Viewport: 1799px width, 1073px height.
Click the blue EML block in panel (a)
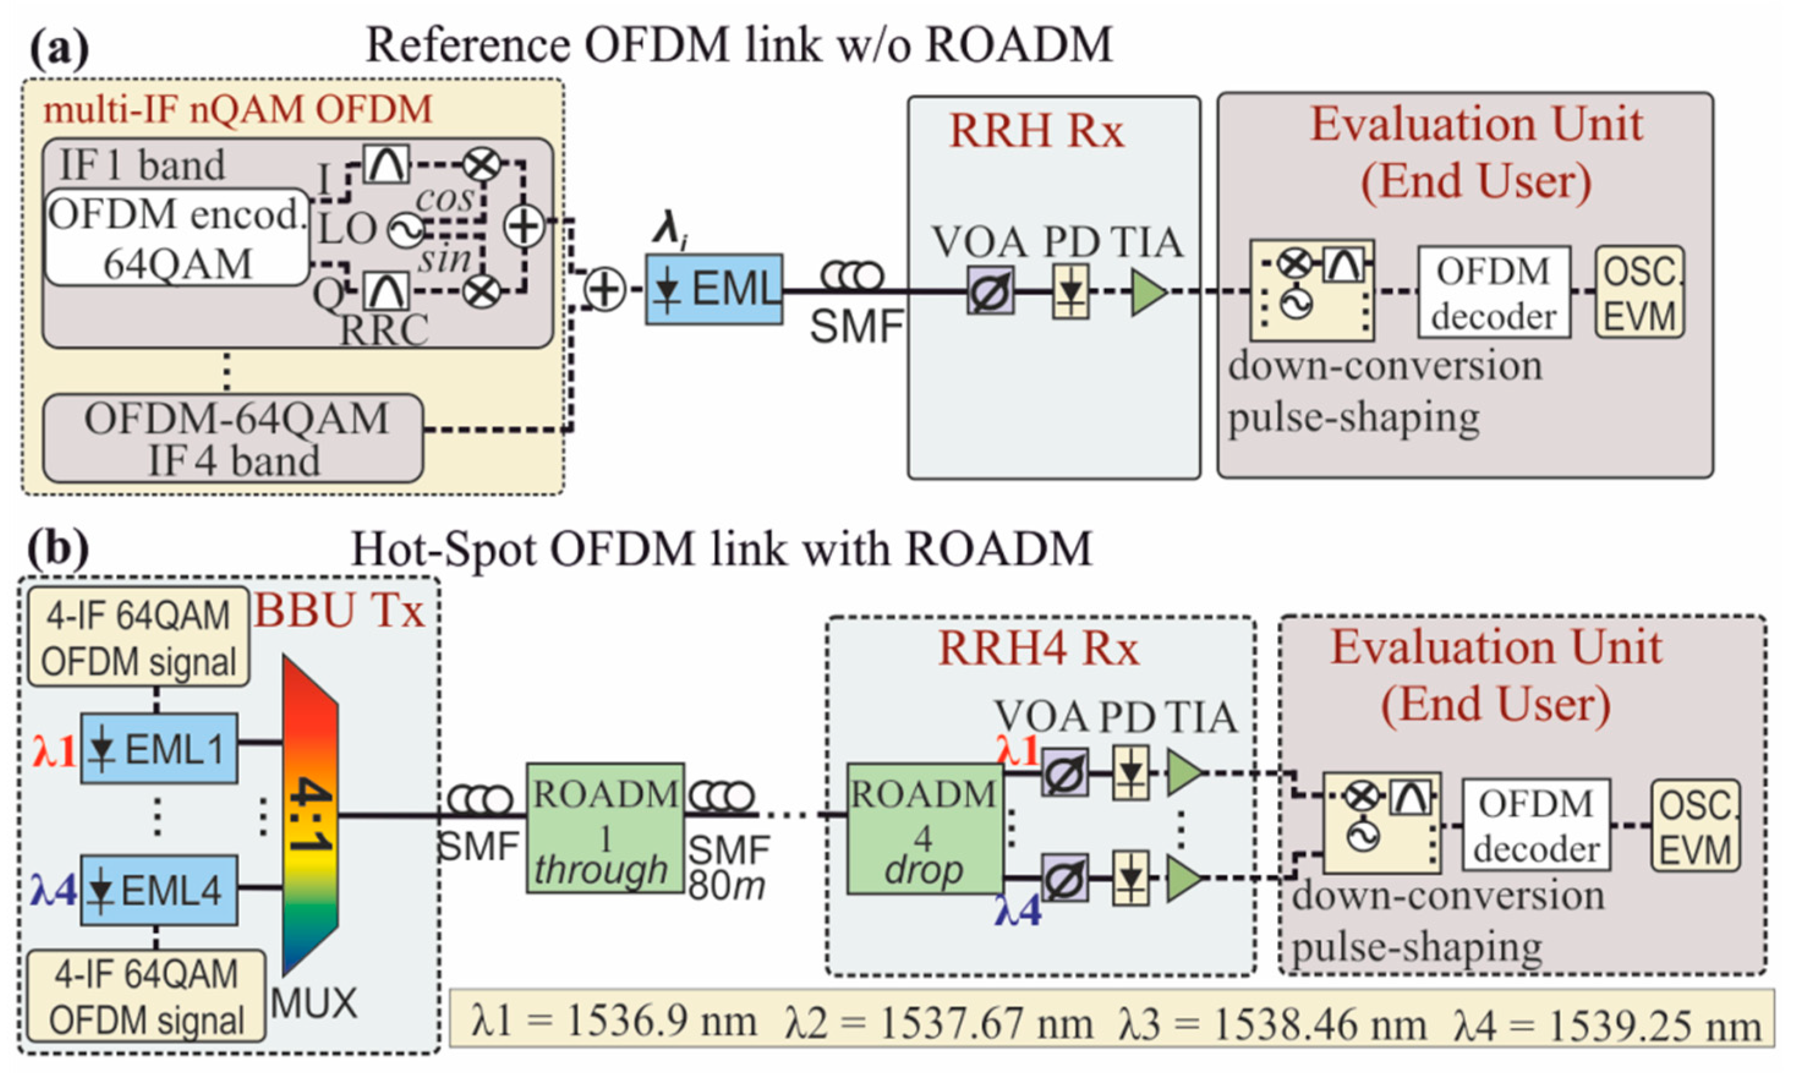pyautogui.click(x=714, y=289)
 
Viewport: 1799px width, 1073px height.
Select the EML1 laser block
pyautogui.click(x=159, y=748)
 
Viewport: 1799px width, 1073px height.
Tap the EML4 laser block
pyautogui.click(x=159, y=890)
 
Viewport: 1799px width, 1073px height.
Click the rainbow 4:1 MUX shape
pyautogui.click(x=310, y=815)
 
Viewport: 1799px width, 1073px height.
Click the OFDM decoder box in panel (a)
pyautogui.click(x=1494, y=292)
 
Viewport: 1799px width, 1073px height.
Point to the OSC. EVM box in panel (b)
pyautogui.click(x=1695, y=826)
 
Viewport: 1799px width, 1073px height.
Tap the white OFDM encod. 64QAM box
pyautogui.click(x=177, y=237)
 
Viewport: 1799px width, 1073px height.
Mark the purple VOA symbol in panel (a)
pyautogui.click(x=991, y=291)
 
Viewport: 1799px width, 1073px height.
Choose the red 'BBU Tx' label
pyautogui.click(x=338, y=611)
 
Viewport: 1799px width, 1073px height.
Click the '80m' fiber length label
pyautogui.click(x=727, y=886)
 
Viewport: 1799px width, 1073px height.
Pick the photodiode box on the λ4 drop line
pyautogui.click(x=1130, y=878)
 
